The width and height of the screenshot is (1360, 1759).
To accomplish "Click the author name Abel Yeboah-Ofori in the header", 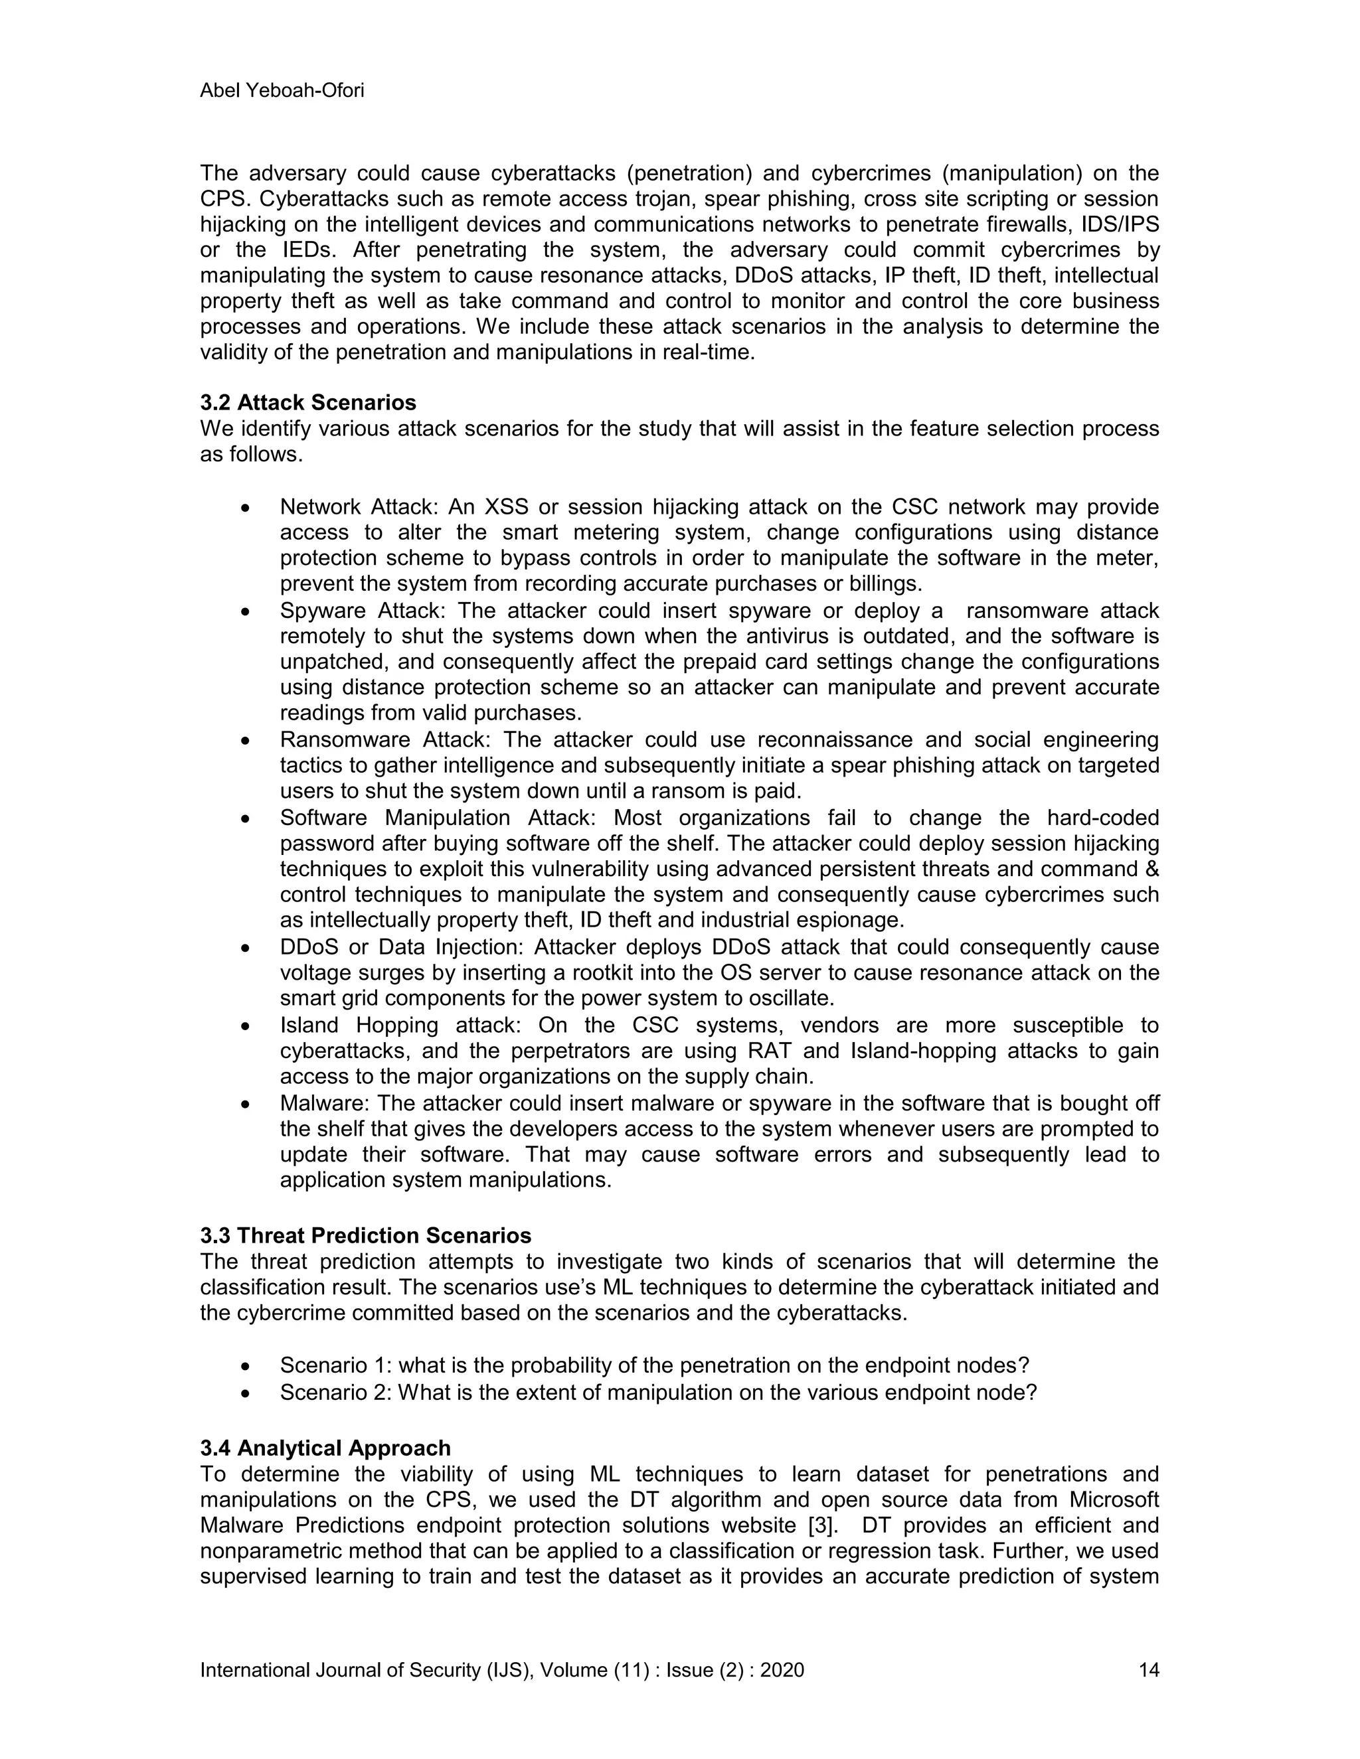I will tap(282, 90).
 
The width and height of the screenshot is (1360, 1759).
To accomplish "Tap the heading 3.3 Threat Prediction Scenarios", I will tap(366, 1235).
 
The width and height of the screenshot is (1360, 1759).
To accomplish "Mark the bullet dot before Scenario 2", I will tap(246, 1393).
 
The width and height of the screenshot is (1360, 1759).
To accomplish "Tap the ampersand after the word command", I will tap(1151, 869).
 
